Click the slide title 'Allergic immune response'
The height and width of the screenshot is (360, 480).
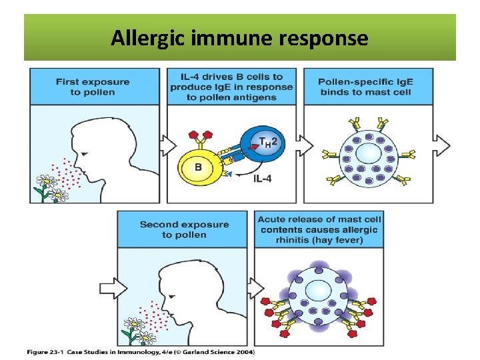click(x=239, y=39)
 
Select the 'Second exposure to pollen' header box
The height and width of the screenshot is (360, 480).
click(x=184, y=229)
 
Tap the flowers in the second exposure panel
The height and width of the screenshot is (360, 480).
click(x=137, y=329)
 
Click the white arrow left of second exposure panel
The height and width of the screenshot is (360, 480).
click(x=108, y=288)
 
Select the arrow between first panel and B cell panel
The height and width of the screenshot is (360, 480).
click(x=168, y=145)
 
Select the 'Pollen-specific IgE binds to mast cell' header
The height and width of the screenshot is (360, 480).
click(x=365, y=87)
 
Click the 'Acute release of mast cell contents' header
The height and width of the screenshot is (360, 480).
click(x=317, y=229)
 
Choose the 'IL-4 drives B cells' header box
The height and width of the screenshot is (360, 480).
click(x=231, y=87)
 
